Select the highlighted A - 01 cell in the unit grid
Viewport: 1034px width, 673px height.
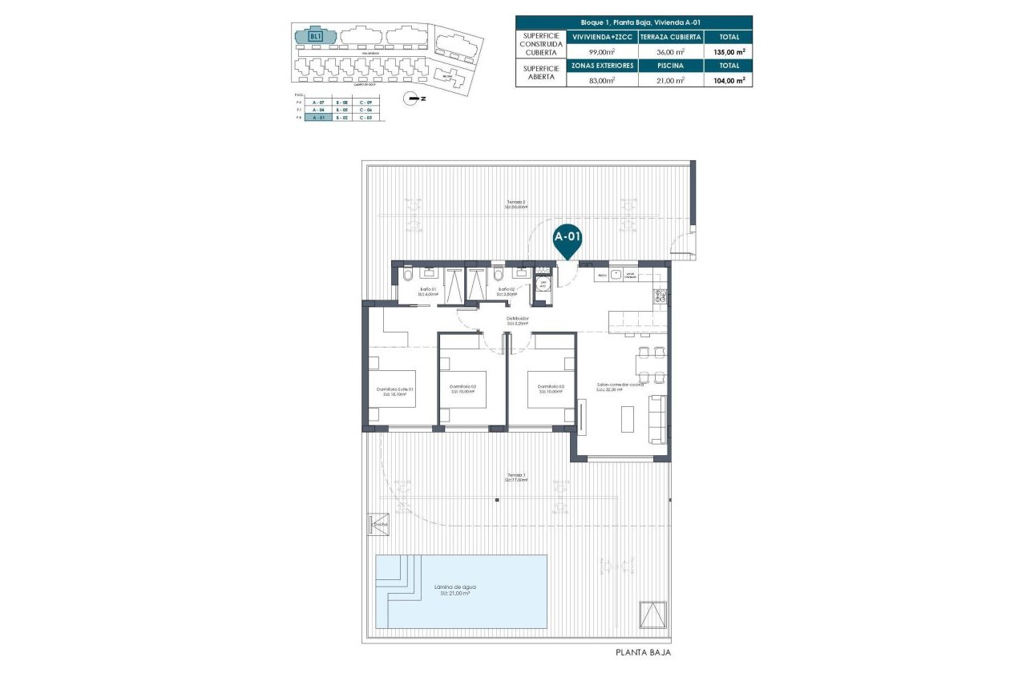tap(318, 118)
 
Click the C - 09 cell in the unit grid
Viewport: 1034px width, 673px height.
tap(366, 103)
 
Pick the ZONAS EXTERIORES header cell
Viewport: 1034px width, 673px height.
tap(602, 66)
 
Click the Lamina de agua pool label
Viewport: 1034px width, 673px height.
tap(454, 589)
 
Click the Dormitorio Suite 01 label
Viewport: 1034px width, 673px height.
tap(395, 391)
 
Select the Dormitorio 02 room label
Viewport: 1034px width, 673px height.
tap(463, 389)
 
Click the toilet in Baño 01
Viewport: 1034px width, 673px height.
tap(406, 276)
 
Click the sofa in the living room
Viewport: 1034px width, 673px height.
tap(658, 419)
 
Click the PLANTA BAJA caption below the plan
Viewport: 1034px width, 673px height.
tap(643, 653)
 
